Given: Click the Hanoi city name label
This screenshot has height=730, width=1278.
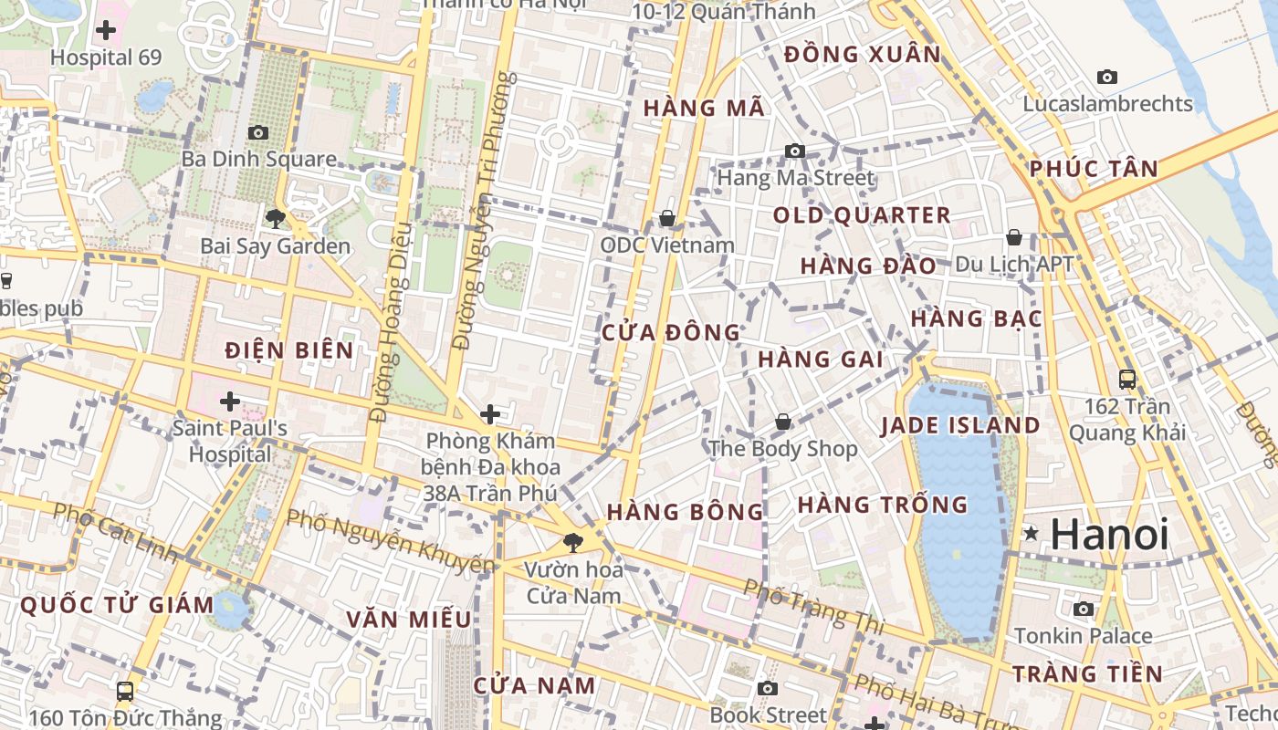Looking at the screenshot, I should (1109, 534).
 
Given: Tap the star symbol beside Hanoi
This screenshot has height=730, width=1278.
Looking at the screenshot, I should (1032, 533).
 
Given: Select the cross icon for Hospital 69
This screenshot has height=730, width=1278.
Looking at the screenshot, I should (106, 30).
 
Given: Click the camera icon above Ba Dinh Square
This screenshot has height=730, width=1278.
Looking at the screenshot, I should (258, 132).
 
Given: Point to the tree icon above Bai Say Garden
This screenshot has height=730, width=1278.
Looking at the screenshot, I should (275, 218).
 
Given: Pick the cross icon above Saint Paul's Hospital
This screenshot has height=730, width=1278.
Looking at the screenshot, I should (230, 401).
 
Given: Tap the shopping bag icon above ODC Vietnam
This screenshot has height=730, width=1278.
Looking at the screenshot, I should (667, 218).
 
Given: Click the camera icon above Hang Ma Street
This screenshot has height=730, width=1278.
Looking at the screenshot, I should (795, 151).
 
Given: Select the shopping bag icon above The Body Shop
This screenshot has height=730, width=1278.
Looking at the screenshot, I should (782, 422).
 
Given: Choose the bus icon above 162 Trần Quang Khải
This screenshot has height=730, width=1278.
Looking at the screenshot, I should (1127, 379).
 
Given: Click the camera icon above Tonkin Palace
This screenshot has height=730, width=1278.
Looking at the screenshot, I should (1084, 609).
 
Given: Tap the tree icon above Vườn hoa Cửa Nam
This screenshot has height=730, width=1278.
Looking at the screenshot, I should (572, 543).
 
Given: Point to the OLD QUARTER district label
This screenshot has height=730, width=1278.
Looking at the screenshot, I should (862, 215).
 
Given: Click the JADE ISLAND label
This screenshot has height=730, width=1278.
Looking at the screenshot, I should (959, 425).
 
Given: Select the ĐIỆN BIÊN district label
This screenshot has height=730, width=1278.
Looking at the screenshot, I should (288, 350).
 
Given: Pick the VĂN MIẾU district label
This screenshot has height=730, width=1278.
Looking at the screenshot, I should (409, 620).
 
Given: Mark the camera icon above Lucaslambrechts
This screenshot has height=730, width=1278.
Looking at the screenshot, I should (1107, 77).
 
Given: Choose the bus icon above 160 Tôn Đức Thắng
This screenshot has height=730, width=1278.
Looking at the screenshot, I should (125, 692).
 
